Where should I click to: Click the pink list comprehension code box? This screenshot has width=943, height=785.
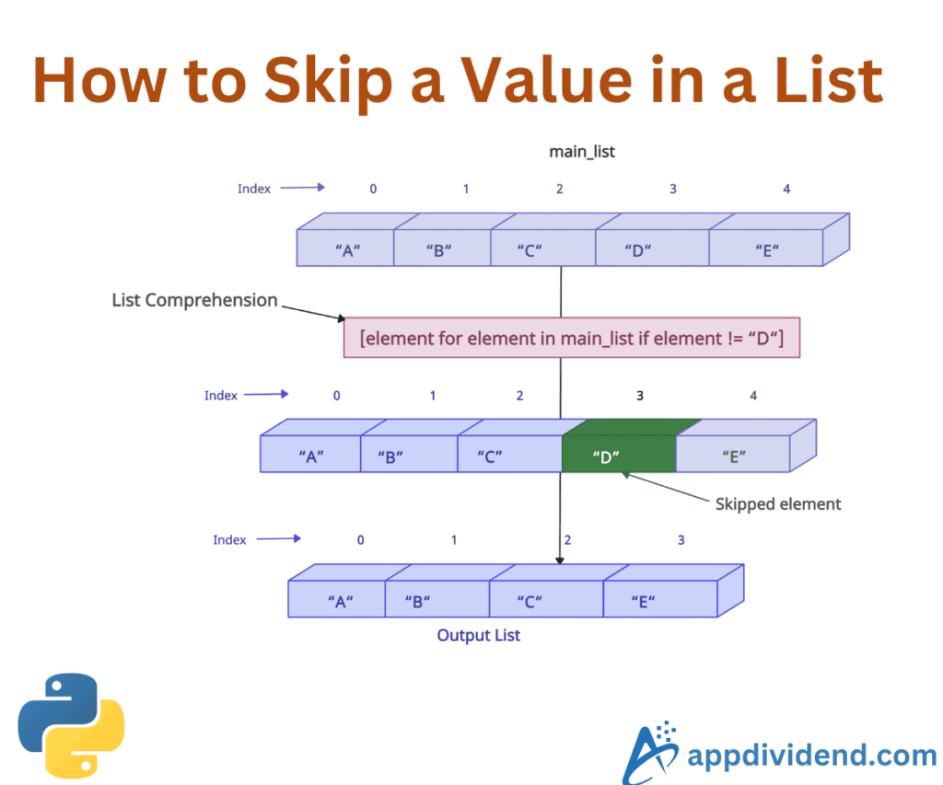[572, 338]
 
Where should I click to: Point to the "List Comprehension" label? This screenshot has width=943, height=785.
[194, 300]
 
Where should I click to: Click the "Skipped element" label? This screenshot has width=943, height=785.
[778, 503]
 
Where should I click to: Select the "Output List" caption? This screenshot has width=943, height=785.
[478, 635]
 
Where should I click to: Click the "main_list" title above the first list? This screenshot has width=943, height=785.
[582, 152]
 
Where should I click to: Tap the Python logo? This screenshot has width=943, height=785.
[71, 726]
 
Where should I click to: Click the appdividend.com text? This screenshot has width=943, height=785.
[811, 756]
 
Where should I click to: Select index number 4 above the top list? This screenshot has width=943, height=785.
[786, 189]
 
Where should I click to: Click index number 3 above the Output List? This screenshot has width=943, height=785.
[681, 539]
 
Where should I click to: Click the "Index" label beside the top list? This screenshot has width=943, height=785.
[254, 189]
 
